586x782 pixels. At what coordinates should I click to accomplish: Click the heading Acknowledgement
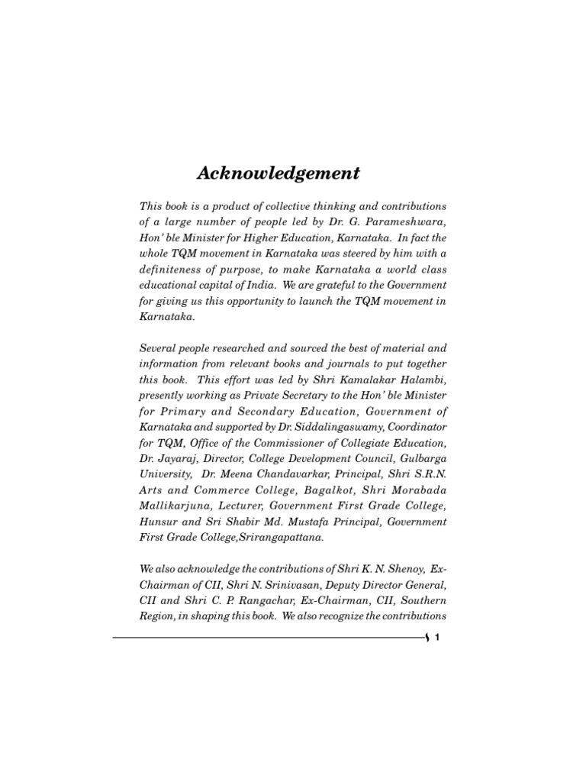click(279, 173)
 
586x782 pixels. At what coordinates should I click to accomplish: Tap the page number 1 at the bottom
click(437, 641)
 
